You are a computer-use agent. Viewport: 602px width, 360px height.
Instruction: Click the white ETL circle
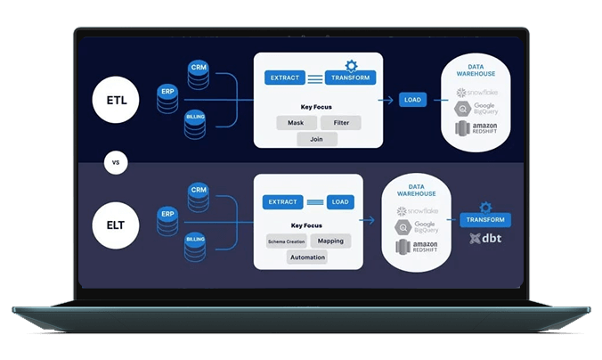pos(117,100)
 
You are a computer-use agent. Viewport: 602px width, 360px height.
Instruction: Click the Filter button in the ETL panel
pos(340,122)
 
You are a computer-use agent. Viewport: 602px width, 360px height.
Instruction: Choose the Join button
pos(317,139)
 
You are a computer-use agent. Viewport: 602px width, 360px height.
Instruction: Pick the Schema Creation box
pos(285,241)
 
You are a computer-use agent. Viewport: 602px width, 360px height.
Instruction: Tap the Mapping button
pos(330,241)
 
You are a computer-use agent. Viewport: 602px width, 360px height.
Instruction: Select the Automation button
pos(307,257)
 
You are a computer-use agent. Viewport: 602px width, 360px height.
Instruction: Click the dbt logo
pos(487,238)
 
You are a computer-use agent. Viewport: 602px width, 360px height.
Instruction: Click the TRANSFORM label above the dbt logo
pos(485,219)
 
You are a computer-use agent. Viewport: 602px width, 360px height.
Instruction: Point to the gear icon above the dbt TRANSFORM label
pos(485,207)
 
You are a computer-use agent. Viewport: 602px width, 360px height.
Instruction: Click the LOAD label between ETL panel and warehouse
pos(412,100)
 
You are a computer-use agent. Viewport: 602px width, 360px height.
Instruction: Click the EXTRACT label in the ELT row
pos(283,202)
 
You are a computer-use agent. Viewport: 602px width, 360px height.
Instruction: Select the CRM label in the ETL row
pos(198,68)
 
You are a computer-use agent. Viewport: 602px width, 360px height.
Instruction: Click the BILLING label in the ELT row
pos(195,240)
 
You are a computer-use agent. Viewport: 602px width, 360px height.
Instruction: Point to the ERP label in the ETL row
pos(167,90)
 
